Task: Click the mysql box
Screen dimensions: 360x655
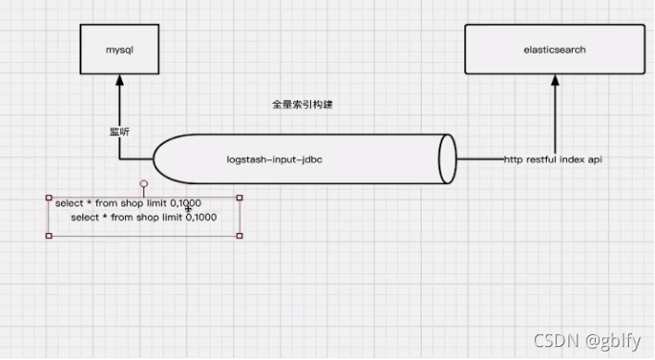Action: (x=119, y=49)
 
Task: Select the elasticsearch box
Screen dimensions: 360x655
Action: (x=555, y=49)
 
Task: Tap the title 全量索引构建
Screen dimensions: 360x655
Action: (x=302, y=106)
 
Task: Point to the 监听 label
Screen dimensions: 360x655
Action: (x=119, y=131)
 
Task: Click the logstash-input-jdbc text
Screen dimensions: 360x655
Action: (x=274, y=159)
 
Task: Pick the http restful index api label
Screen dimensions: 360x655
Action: (x=554, y=159)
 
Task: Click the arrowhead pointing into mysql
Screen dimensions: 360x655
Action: (x=119, y=81)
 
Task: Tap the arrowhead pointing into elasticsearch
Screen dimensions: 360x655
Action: (x=555, y=81)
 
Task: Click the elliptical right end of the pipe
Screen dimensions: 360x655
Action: (x=448, y=158)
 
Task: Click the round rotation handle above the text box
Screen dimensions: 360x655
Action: (x=143, y=184)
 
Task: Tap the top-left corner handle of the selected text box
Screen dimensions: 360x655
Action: (x=48, y=197)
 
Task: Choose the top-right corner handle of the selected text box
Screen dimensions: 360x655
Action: (x=240, y=197)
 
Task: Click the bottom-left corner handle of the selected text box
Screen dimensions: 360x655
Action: (x=48, y=235)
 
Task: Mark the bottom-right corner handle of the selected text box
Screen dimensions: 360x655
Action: (x=240, y=235)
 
